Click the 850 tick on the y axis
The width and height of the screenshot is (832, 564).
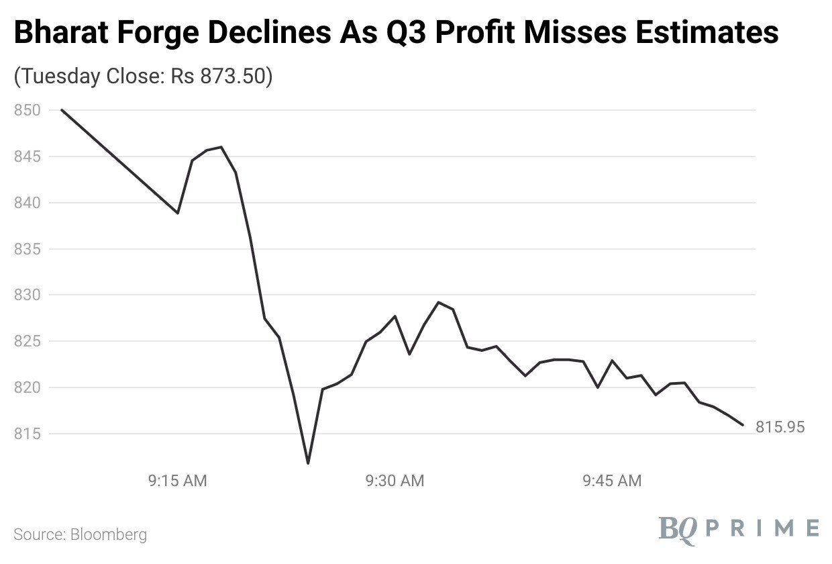point(27,110)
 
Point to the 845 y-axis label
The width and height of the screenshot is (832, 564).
point(27,156)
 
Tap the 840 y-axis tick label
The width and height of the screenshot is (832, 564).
point(27,203)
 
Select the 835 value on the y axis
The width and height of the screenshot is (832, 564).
point(27,249)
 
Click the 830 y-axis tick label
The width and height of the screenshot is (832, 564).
point(27,295)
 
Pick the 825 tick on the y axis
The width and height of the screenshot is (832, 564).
point(27,342)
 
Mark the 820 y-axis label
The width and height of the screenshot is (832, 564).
point(27,388)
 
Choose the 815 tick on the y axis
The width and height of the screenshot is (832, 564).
point(27,434)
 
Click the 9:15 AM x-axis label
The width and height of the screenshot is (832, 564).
point(178,481)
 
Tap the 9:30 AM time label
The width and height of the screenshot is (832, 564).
point(395,481)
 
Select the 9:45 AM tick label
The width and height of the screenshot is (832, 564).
point(612,481)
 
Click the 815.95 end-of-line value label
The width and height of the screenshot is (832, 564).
point(780,427)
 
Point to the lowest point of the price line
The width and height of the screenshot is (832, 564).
point(308,463)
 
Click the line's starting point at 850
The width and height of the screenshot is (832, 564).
point(62,110)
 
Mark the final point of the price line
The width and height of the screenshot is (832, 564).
point(743,424)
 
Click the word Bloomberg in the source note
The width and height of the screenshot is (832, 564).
point(108,535)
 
